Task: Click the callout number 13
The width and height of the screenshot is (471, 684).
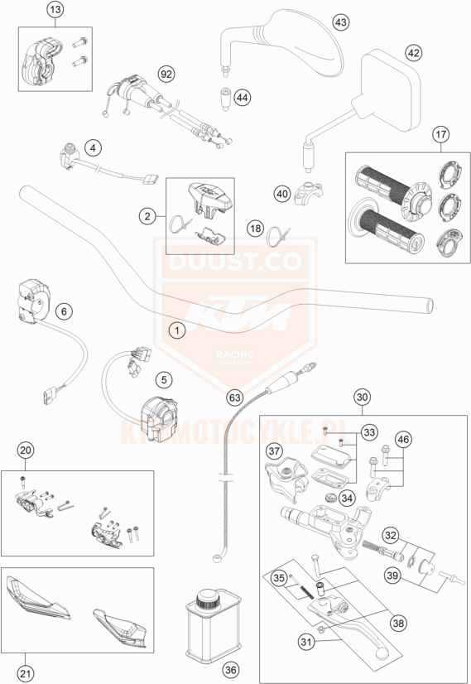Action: pos(55,10)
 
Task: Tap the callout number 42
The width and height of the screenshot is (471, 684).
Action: pos(412,52)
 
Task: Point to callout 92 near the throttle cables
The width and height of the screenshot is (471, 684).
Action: pos(166,75)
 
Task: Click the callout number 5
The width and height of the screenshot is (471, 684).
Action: pos(165,380)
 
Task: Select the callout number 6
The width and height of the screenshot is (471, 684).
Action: pos(64,312)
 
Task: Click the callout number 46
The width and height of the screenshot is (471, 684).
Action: pos(402,439)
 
